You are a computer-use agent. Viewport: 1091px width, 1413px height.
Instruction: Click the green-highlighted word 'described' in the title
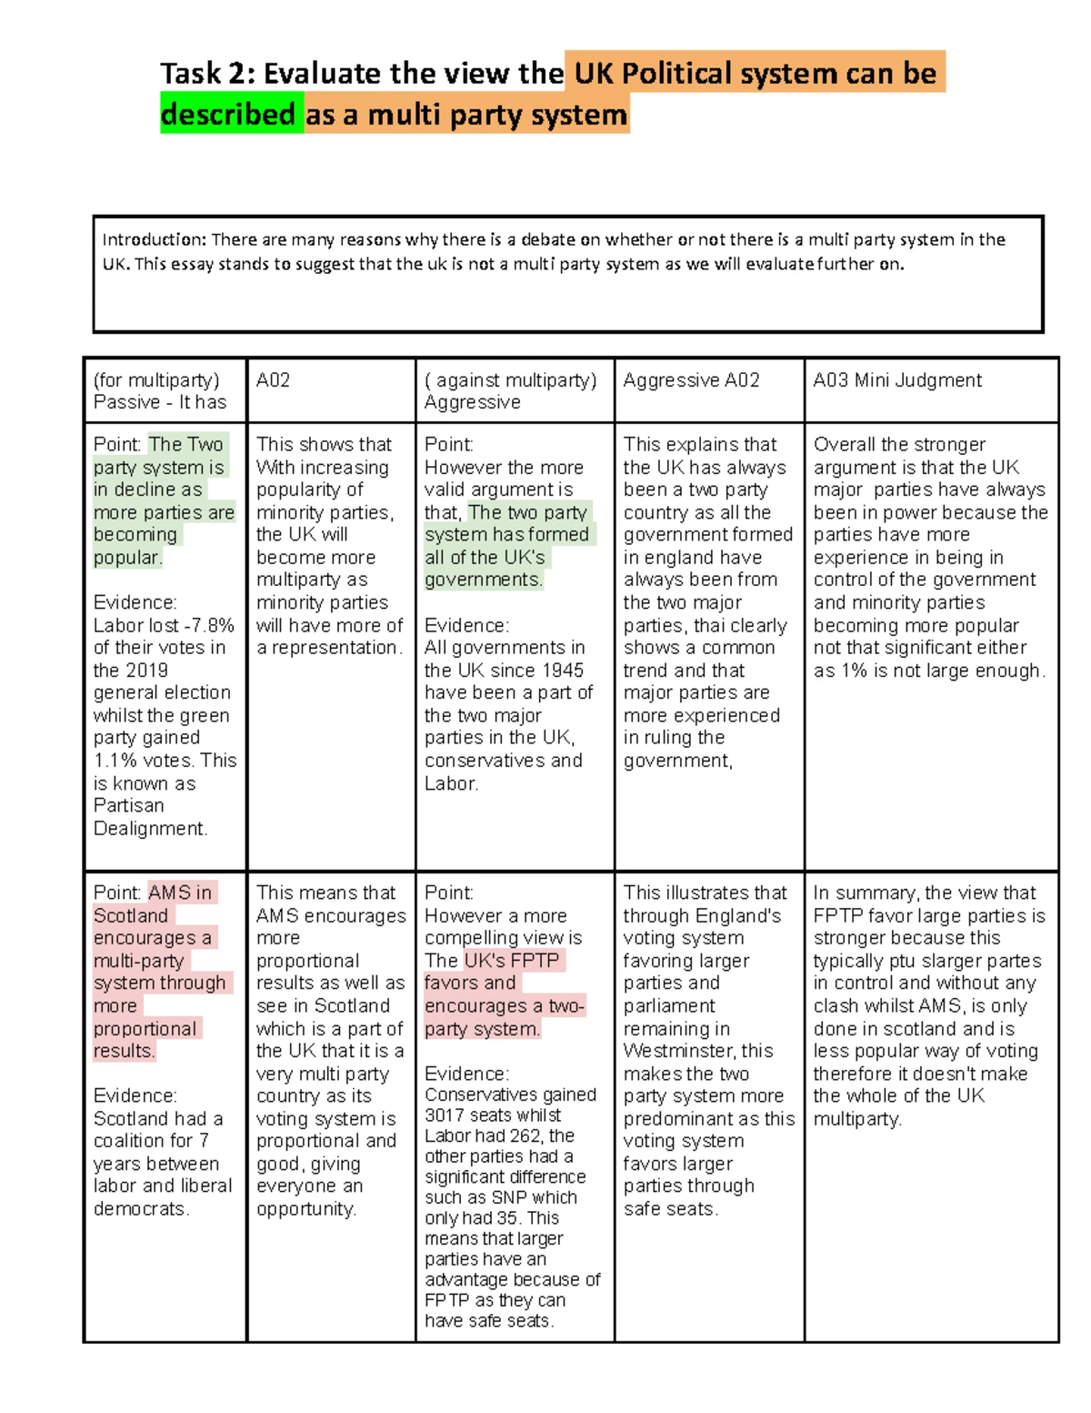click(x=228, y=115)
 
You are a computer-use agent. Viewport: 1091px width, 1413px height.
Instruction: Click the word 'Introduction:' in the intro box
click(x=154, y=240)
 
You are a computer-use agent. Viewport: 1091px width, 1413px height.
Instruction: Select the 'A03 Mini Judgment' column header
click(x=896, y=380)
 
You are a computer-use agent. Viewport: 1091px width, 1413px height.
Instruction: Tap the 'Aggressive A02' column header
click(x=691, y=380)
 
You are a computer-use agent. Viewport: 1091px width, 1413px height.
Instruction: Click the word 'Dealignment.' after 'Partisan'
click(x=150, y=828)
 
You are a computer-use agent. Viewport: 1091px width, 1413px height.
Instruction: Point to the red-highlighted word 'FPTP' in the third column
click(x=535, y=961)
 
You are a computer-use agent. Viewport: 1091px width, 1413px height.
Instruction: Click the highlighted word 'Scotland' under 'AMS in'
click(x=131, y=915)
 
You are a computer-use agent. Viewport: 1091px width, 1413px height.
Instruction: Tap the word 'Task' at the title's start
click(x=191, y=74)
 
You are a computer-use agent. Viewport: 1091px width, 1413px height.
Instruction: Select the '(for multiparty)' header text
click(x=156, y=380)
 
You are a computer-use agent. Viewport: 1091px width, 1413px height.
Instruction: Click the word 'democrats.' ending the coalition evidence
click(x=141, y=1209)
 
